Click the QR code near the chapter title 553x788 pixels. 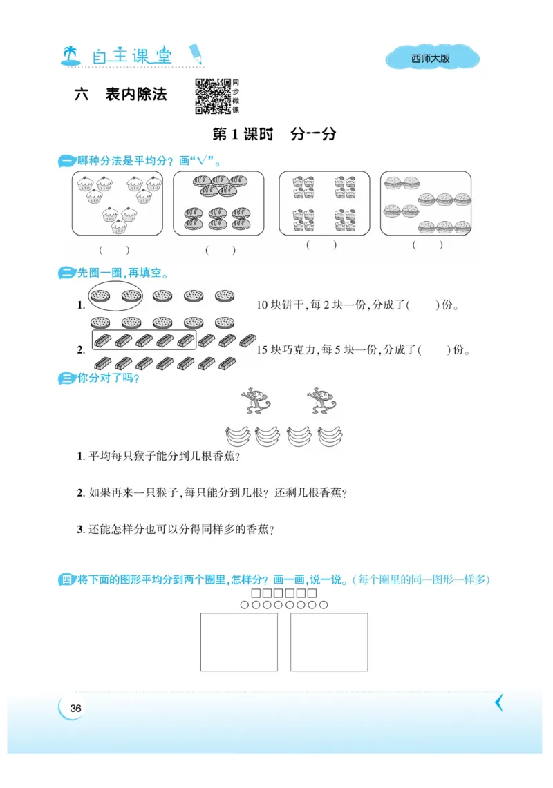[212, 96]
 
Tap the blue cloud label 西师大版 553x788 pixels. [431, 59]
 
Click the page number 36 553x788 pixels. [76, 708]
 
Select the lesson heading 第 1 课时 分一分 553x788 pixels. [274, 135]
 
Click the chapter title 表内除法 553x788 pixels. [135, 95]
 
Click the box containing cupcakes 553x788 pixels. [118, 203]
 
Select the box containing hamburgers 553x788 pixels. [426, 203]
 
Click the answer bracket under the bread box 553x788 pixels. [220, 250]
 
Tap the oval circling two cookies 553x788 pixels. [116, 296]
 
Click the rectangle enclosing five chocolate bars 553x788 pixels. [144, 340]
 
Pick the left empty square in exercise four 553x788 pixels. [238, 642]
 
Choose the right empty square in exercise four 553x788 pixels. [329, 642]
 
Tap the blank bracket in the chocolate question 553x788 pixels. [434, 349]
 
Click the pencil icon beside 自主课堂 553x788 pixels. [196, 53]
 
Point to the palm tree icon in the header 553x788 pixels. [70, 56]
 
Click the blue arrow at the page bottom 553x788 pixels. [499, 703]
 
